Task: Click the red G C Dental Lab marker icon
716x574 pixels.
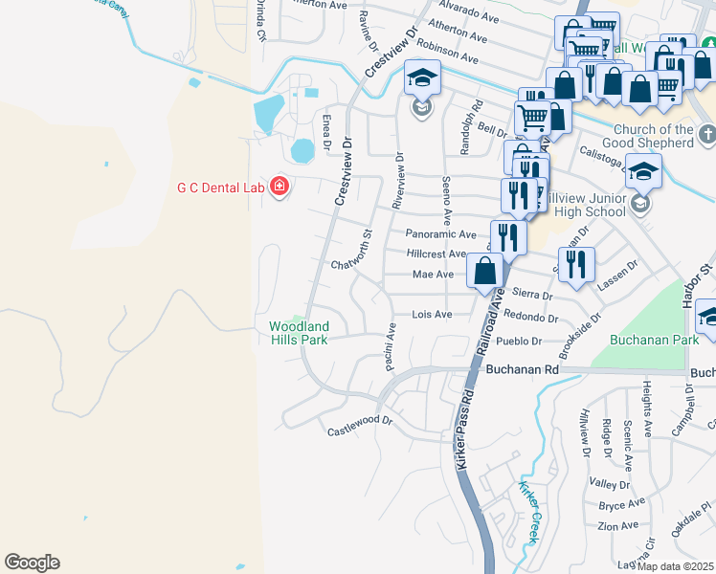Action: (279, 185)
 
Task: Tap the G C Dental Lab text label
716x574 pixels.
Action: (218, 187)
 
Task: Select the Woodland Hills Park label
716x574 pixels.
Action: (298, 333)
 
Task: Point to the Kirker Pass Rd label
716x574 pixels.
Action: (462, 422)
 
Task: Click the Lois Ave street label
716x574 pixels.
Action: (431, 314)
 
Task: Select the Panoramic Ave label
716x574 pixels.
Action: (439, 233)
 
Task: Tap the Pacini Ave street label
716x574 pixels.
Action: (391, 346)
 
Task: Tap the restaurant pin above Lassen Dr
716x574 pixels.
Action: (575, 264)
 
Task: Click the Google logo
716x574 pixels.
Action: (32, 563)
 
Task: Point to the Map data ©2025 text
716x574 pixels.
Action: (675, 566)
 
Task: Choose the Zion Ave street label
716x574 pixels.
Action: (617, 526)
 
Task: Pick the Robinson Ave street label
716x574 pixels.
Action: (446, 50)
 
